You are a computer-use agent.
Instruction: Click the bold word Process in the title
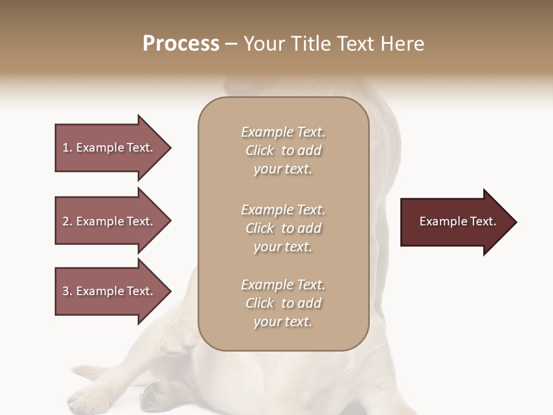click(x=181, y=44)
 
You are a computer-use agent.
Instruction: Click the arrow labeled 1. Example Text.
click(x=109, y=148)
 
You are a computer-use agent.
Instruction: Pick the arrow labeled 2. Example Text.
click(x=109, y=221)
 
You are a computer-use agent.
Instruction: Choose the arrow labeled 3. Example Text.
click(x=109, y=291)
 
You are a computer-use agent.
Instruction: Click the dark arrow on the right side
click(x=455, y=222)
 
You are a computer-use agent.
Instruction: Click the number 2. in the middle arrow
click(x=67, y=221)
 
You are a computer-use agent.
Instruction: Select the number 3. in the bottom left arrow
click(x=67, y=291)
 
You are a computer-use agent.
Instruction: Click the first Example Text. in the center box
click(x=283, y=132)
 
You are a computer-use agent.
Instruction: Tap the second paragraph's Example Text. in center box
click(x=283, y=210)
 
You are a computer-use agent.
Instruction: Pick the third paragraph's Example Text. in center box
click(x=283, y=285)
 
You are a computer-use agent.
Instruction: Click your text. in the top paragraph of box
click(x=282, y=169)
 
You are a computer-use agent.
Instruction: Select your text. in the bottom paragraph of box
click(x=282, y=322)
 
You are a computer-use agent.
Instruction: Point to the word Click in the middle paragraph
click(x=260, y=228)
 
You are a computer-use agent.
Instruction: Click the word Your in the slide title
click(x=263, y=44)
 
